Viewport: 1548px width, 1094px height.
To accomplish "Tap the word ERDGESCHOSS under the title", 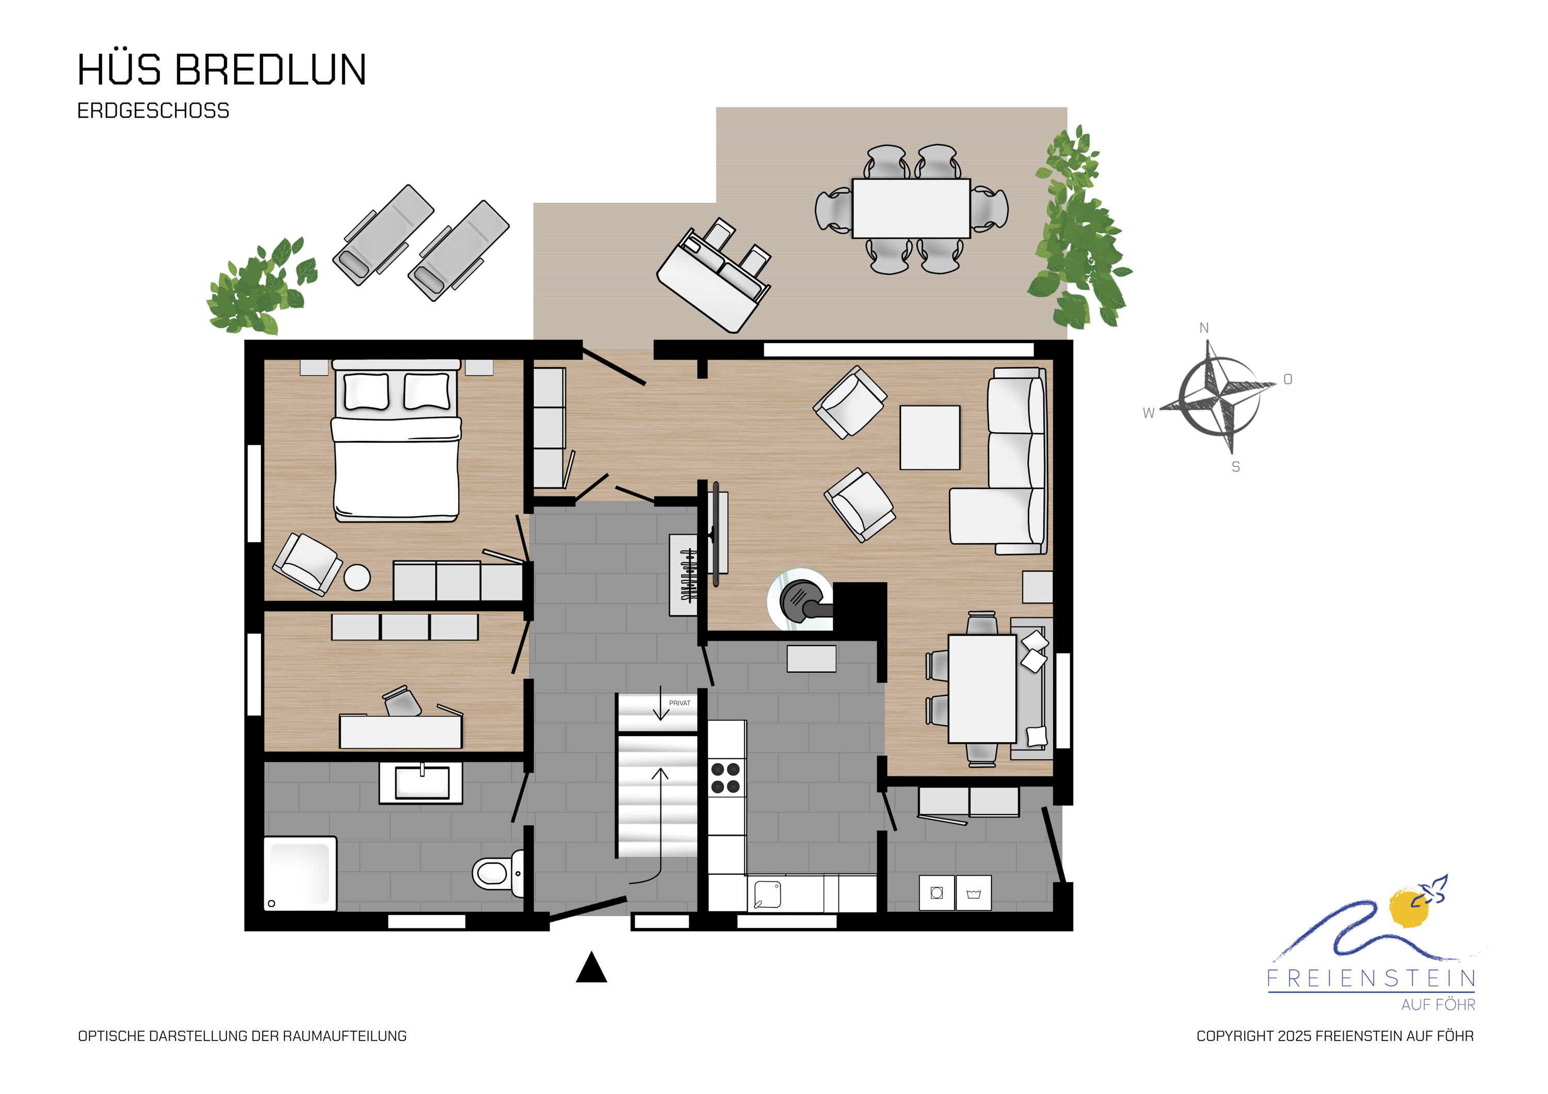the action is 153,110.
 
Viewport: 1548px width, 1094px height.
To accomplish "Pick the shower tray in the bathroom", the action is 299,874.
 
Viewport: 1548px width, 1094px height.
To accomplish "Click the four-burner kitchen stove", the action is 725,777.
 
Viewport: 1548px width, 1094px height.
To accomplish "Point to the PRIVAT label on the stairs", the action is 680,703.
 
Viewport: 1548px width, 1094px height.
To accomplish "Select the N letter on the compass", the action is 1204,328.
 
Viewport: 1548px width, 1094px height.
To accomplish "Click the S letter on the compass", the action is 1236,466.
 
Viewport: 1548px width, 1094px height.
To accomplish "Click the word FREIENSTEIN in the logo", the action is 1372,978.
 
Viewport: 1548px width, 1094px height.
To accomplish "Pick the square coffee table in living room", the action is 930,437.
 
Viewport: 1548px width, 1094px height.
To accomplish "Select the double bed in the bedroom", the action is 396,441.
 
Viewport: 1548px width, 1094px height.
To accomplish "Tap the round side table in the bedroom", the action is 358,578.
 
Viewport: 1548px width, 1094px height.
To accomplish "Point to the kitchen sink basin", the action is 767,894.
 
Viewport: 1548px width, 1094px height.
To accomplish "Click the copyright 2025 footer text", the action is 1335,1036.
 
